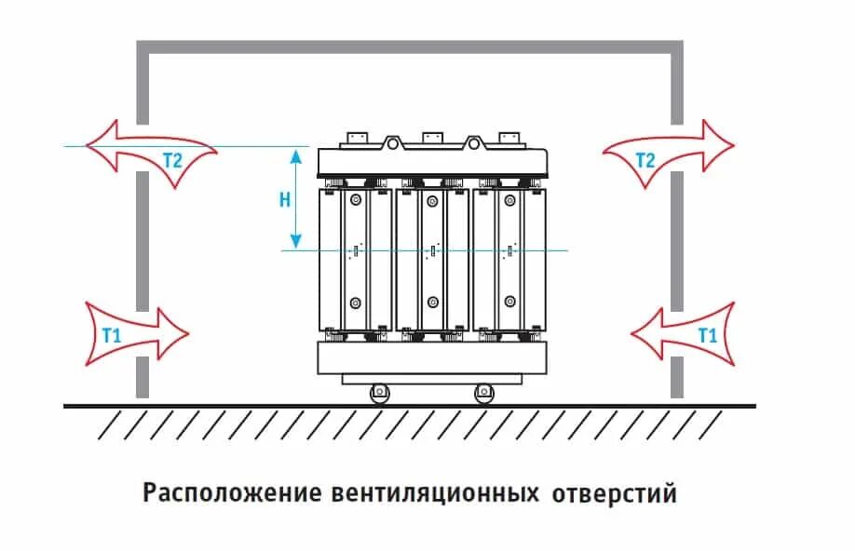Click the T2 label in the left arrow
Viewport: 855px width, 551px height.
[x=172, y=159]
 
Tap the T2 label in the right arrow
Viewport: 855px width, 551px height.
[x=645, y=159]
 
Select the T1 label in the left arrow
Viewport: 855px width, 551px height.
[x=111, y=335]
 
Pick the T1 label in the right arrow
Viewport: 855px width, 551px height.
[x=708, y=335]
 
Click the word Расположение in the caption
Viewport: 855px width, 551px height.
[x=232, y=492]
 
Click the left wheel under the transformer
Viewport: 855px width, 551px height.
[x=379, y=393]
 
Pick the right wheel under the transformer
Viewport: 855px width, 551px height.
[x=482, y=393]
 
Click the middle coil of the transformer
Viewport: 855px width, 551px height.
[x=432, y=259]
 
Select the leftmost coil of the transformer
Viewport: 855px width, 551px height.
[x=355, y=259]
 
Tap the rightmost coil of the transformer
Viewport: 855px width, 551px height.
[x=510, y=259]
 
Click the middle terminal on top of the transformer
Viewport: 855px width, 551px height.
[x=431, y=138]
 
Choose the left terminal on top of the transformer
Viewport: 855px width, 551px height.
[x=354, y=138]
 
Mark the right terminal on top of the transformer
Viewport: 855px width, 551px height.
[x=509, y=138]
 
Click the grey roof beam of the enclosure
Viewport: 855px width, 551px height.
[x=410, y=47]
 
